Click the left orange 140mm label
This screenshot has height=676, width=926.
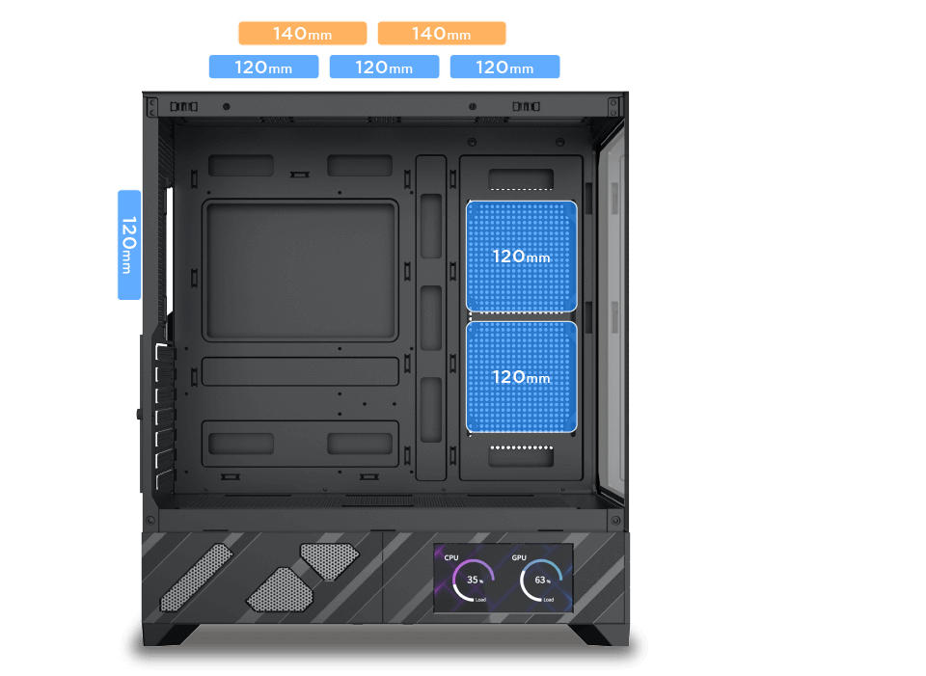coord(302,33)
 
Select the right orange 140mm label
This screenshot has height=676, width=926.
coord(442,33)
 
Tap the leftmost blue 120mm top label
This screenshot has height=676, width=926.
coord(263,67)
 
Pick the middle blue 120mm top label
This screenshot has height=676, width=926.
coord(384,67)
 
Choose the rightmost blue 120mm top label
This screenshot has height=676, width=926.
coord(504,67)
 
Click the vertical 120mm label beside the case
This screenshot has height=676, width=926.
coord(129,245)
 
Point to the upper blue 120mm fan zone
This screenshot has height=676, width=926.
coord(522,257)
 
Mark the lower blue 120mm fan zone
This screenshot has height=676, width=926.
coord(522,377)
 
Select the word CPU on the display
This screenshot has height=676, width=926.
coord(451,557)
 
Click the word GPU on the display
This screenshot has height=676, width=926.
coord(519,557)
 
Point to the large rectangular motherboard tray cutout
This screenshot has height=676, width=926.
coord(300,270)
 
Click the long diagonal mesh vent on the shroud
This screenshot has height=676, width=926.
coord(197,578)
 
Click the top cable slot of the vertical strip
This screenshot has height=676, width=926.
coord(431,226)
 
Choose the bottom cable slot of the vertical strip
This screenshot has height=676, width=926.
coord(431,410)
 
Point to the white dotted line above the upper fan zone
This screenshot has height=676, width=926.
coord(522,190)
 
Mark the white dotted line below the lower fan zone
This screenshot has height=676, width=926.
coord(522,447)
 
